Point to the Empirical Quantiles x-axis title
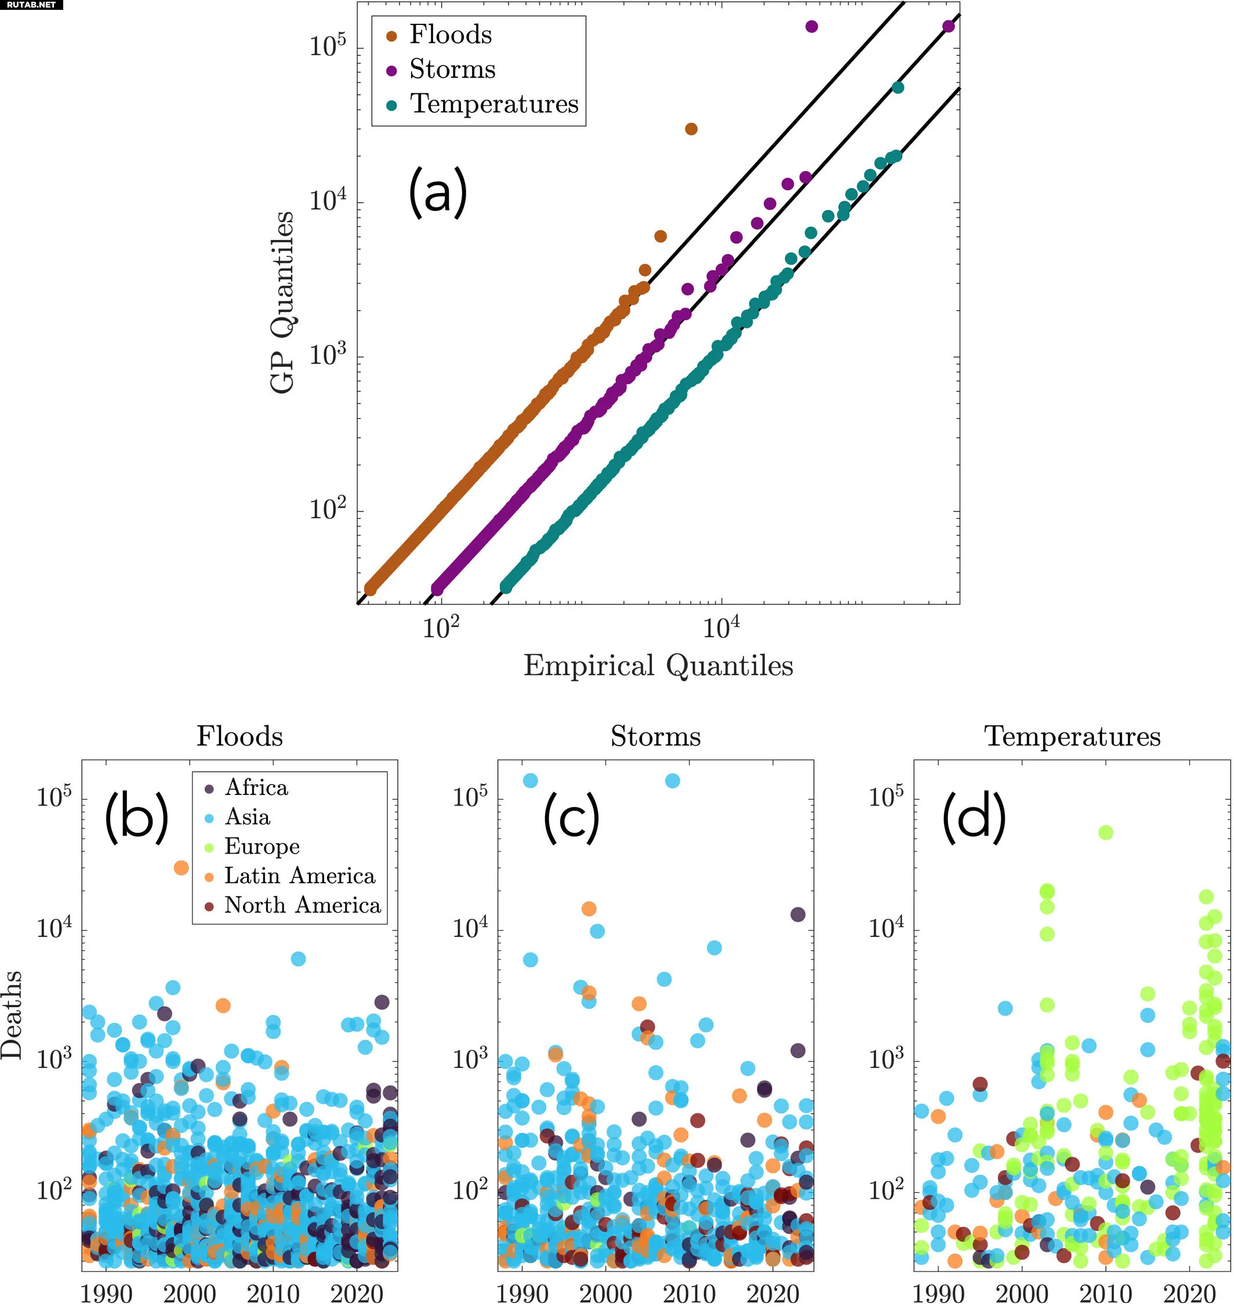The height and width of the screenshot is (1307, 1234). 658,666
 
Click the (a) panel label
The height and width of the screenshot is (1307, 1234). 437,191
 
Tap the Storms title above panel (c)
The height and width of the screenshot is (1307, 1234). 655,736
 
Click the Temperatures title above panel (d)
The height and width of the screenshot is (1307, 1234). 1072,736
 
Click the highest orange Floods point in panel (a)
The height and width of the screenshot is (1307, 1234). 691,129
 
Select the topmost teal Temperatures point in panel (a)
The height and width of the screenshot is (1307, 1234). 897,88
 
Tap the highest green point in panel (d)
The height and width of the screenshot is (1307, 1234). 1105,832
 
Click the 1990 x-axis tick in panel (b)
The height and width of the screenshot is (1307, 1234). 106,1293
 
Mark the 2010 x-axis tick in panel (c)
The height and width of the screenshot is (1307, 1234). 689,1293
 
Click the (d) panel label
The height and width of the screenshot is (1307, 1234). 974,817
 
